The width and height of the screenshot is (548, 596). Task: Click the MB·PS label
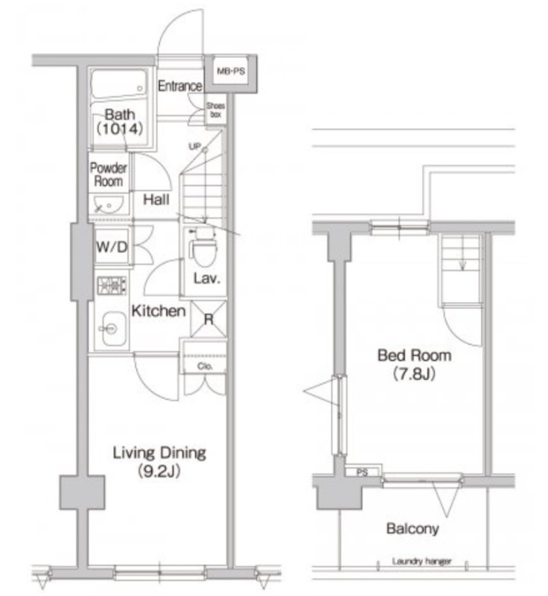click(231, 71)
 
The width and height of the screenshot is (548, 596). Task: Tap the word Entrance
click(180, 86)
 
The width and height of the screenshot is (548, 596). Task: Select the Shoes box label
click(216, 110)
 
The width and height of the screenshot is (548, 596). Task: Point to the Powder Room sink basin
click(108, 206)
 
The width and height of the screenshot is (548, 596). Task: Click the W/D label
click(112, 247)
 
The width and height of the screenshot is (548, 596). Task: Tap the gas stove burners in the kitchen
click(112, 285)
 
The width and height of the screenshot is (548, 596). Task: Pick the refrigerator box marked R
click(208, 320)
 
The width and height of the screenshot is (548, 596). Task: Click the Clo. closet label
click(205, 366)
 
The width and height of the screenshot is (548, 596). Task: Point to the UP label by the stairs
click(194, 146)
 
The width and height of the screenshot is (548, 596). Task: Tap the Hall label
click(156, 200)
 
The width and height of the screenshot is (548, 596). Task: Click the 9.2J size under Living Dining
click(159, 472)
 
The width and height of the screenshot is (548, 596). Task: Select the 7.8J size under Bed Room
click(413, 374)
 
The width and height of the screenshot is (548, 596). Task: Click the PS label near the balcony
click(363, 472)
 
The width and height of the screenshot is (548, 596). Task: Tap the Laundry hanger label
click(422, 561)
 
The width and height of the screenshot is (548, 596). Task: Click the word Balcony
click(412, 528)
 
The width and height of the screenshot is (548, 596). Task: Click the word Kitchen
click(159, 311)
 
